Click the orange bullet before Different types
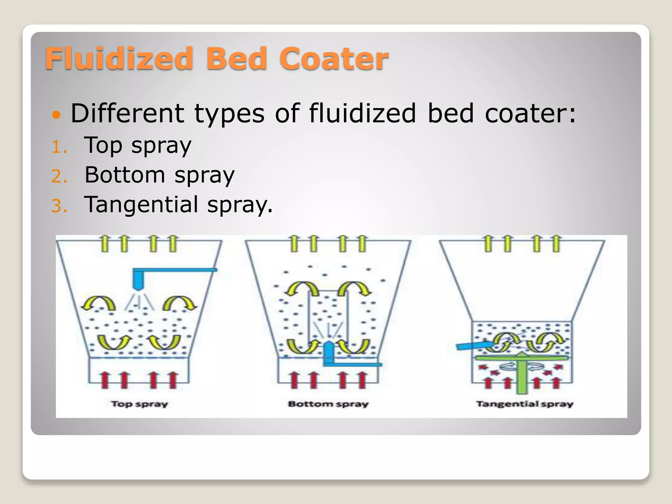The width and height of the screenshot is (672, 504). point(56,115)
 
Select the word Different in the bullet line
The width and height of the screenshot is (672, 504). point(127,113)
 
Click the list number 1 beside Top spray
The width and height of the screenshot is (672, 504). point(59,147)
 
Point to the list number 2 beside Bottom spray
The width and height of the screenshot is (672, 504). point(59,176)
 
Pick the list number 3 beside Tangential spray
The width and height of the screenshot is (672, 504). point(59,206)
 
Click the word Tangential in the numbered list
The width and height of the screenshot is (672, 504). point(141,204)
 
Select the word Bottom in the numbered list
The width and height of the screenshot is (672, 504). point(125,175)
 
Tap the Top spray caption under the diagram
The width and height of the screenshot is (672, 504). point(139,404)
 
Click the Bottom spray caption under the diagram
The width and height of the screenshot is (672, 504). point(328,404)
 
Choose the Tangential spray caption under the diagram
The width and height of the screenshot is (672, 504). point(525,404)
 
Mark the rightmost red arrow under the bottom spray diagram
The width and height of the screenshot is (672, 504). point(362,380)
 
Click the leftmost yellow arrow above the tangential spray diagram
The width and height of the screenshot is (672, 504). point(489,243)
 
